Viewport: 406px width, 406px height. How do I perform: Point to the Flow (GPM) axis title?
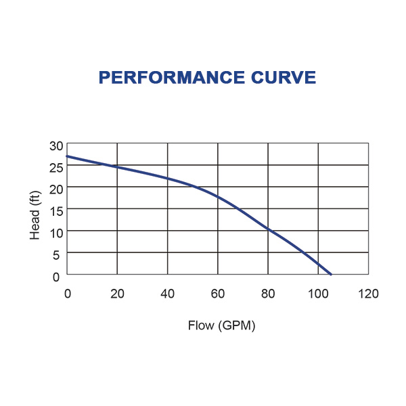tap(221, 325)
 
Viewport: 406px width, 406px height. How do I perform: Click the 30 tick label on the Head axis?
tap(55, 145)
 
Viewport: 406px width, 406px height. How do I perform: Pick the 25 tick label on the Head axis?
tap(55, 166)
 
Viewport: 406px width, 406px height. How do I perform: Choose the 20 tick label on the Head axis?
tap(55, 187)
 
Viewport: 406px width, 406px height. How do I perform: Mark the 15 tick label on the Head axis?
tap(55, 210)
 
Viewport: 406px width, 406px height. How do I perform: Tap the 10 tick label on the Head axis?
tap(55, 232)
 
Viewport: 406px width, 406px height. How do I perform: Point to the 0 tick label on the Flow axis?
tap(67, 294)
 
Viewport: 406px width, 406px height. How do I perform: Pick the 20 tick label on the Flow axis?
tap(117, 294)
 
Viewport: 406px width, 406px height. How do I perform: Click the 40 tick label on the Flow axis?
tap(167, 294)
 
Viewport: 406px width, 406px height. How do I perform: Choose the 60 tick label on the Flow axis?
tap(217, 294)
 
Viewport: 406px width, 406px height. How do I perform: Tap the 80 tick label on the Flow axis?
tap(268, 294)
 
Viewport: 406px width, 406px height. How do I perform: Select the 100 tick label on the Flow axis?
tap(318, 294)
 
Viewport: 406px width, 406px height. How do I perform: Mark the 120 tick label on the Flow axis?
tap(368, 294)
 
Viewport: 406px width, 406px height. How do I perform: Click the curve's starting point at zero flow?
tap(67, 156)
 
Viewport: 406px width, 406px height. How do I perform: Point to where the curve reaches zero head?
tap(331, 274)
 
